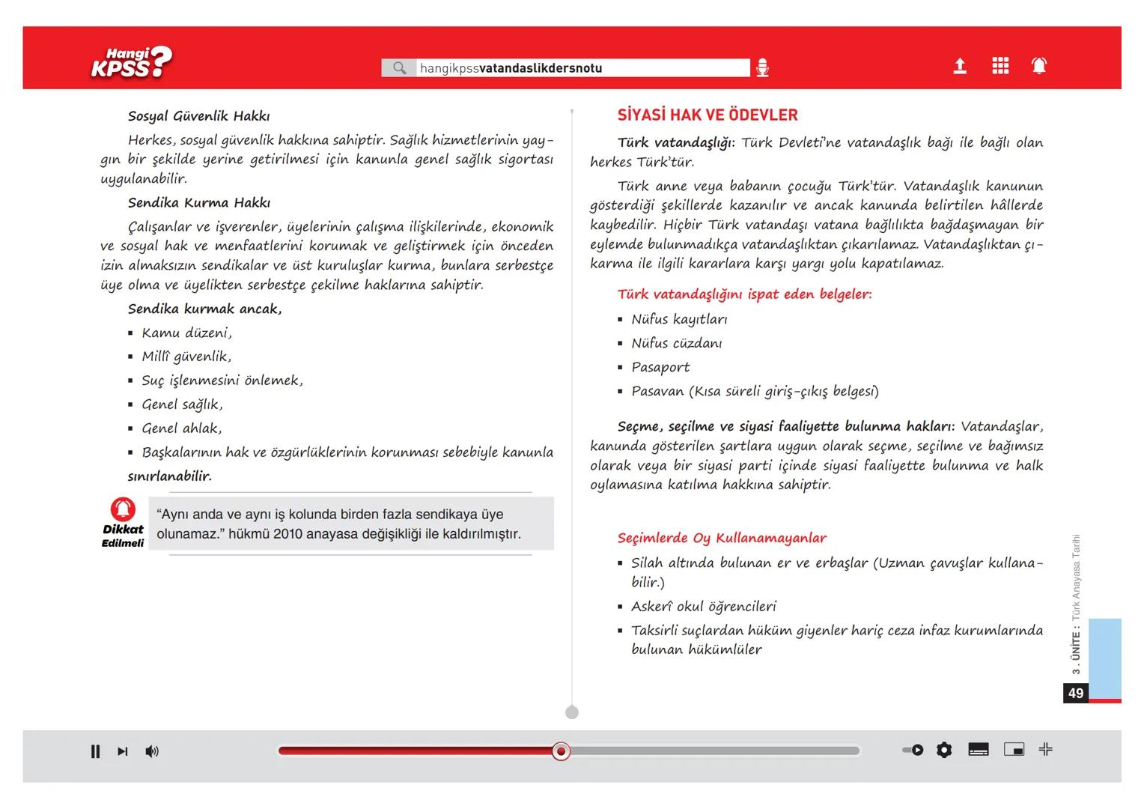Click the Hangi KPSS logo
click(x=131, y=62)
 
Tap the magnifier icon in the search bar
click(x=400, y=68)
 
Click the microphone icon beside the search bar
click(x=762, y=68)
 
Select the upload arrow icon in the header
click(x=960, y=67)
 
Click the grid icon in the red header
click(x=1000, y=66)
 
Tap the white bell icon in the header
click(x=1039, y=66)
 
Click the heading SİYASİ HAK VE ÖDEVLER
click(x=708, y=115)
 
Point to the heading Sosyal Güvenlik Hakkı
click(x=198, y=116)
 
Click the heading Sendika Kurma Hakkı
click(x=198, y=203)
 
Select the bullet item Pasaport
click(x=660, y=367)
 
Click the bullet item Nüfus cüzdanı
click(x=676, y=343)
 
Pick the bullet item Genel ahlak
click(x=181, y=428)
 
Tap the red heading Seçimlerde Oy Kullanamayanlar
click(x=722, y=538)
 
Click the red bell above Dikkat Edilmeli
click(x=123, y=509)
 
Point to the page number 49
click(x=1076, y=693)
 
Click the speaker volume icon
click(x=152, y=751)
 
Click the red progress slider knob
click(x=561, y=751)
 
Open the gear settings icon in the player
click(x=944, y=750)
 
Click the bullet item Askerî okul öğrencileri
click(x=703, y=606)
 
